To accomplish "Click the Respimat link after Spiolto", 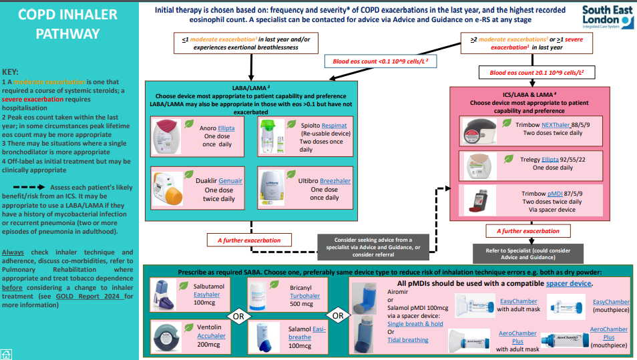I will (334, 126).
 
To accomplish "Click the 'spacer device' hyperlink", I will (569, 284).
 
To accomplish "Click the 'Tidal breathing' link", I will (408, 340).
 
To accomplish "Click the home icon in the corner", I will (6, 354).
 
